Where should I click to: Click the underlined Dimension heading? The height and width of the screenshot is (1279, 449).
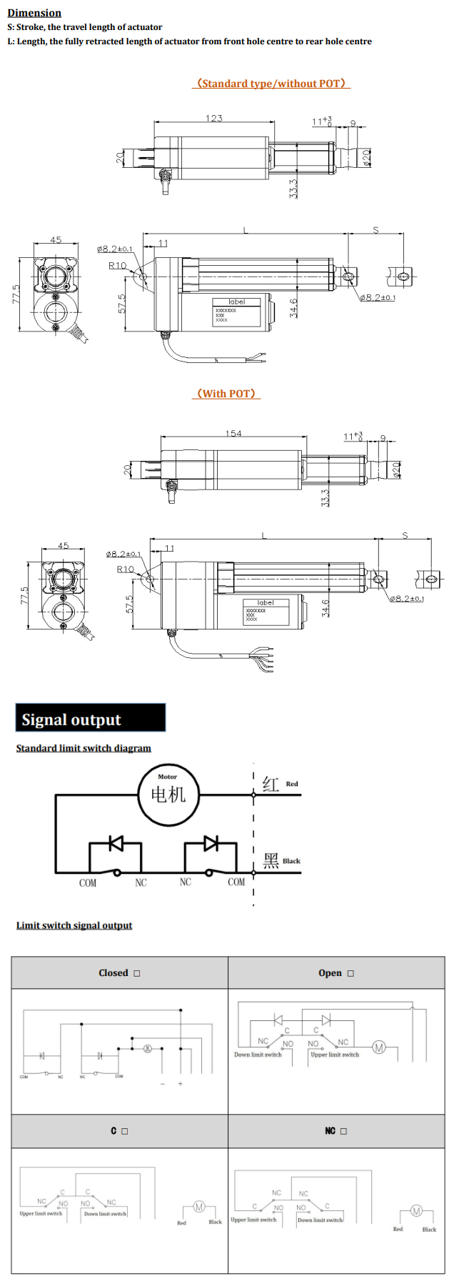point(34,13)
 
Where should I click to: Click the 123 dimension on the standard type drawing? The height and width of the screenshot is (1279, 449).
point(214,118)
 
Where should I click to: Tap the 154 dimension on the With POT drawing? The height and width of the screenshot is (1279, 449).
point(233,433)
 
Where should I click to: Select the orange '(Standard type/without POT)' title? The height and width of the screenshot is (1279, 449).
point(271,84)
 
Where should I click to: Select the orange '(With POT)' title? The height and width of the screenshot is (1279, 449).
point(226,394)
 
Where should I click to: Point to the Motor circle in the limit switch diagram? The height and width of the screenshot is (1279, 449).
point(168,794)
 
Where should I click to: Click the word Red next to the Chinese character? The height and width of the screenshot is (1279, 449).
point(292,784)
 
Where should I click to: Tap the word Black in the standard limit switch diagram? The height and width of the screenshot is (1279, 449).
point(291,861)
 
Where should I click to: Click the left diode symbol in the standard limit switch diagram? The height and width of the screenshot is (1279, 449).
point(116,844)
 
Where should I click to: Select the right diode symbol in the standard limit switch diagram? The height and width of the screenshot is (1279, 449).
point(211,844)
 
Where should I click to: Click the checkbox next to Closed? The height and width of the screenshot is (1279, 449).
point(137,973)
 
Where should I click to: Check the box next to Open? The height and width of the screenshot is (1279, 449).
point(350,973)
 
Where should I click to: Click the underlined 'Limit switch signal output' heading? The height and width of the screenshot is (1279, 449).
point(74,925)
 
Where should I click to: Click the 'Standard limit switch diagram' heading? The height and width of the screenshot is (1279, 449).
point(84,748)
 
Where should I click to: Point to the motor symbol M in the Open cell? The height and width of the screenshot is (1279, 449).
point(379,1047)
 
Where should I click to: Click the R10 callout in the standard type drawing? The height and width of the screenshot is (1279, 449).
point(117,265)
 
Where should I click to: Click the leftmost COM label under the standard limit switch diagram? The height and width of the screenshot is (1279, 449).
point(87,883)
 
